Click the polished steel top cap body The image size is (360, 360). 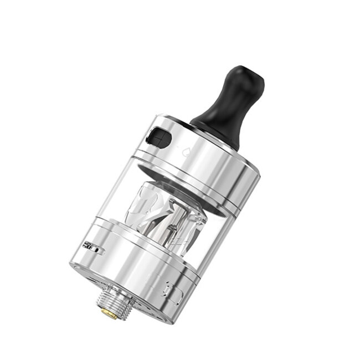(216, 166)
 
